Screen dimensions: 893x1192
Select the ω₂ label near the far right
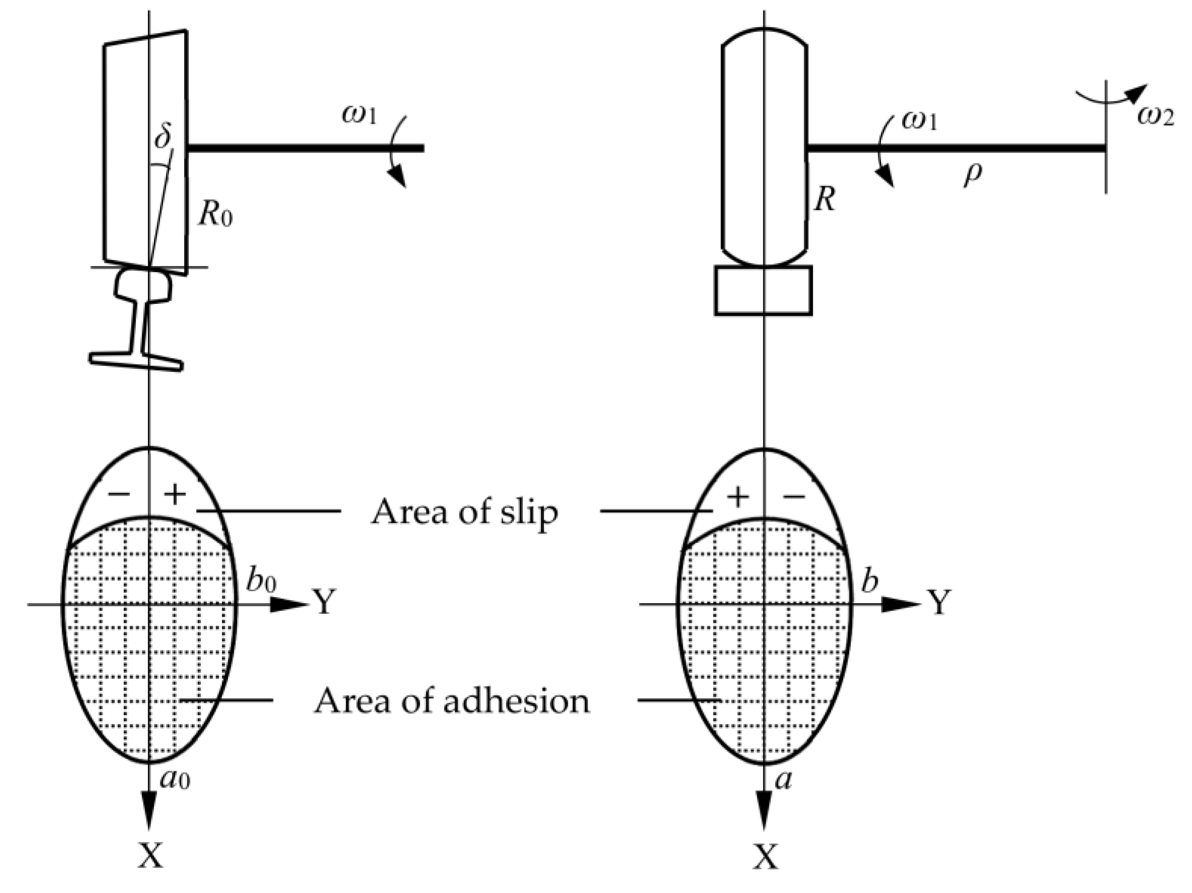[1155, 116]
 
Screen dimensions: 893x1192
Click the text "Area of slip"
[464, 512]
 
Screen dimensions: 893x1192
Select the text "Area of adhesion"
[451, 701]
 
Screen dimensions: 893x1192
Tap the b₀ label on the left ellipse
[261, 581]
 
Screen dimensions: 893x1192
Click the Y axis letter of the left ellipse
[325, 603]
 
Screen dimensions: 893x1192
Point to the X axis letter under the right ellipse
[765, 857]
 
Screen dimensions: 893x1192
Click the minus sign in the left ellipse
[119, 493]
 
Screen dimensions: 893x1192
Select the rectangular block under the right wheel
[763, 290]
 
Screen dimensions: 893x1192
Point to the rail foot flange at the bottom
[136, 361]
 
